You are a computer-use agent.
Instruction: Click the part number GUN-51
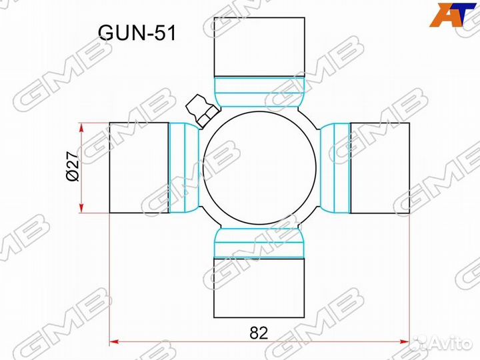pyautogui.click(x=137, y=33)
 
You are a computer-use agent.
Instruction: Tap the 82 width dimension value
pyautogui.click(x=259, y=333)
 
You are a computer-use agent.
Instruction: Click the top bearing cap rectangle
pyautogui.click(x=259, y=47)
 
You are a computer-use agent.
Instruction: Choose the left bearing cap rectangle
pyautogui.click(x=139, y=168)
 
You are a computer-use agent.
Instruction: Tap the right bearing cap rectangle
pyautogui.click(x=380, y=168)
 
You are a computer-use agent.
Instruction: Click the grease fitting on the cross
pyautogui.click(x=202, y=110)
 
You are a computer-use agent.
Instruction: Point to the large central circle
pyautogui.click(x=259, y=168)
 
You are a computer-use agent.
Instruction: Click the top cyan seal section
pyautogui.click(x=259, y=92)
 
